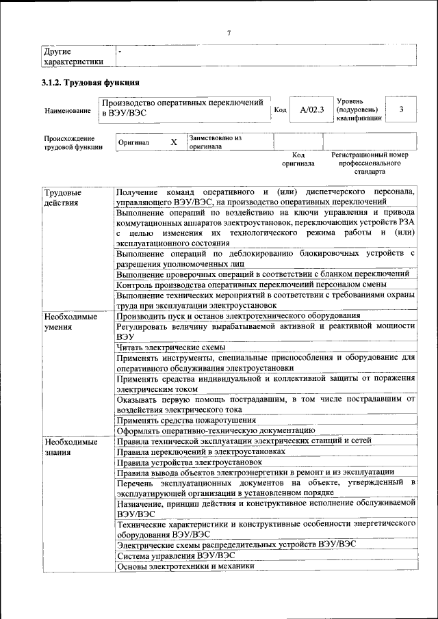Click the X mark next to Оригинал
point(174,142)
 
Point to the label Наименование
point(67,110)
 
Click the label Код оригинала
point(298,159)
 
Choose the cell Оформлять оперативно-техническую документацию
point(216,430)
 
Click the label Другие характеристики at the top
point(73,56)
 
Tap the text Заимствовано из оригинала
point(216,142)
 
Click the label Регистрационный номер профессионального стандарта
point(370,163)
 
